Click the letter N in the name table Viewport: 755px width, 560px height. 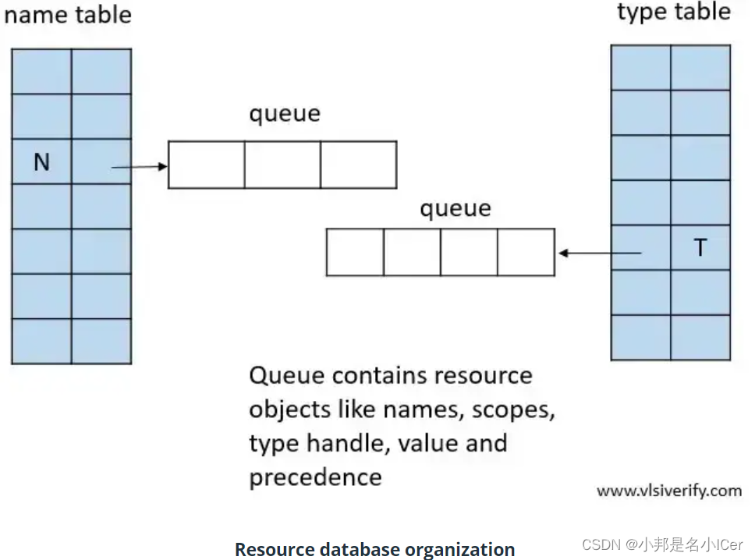pos(41,162)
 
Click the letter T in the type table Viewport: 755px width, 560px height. pos(700,248)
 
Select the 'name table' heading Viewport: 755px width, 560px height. pos(67,15)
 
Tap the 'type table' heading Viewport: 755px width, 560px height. pos(674,12)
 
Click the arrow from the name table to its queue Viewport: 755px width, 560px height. pos(140,166)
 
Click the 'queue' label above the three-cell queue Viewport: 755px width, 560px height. pos(285,114)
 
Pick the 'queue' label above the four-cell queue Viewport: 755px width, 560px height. pos(455,208)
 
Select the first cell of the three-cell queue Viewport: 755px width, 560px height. pos(207,165)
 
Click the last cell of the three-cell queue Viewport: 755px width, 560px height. pos(358,165)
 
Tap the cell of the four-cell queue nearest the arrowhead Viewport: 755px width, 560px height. pos(526,252)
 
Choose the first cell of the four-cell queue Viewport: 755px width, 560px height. pos(355,252)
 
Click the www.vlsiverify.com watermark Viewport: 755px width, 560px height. pos(668,491)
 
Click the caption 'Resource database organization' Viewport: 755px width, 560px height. pos(374,549)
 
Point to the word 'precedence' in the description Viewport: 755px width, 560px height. pos(315,477)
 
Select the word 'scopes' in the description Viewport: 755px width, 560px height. pos(512,409)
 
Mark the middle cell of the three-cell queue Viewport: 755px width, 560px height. pos(282,165)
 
